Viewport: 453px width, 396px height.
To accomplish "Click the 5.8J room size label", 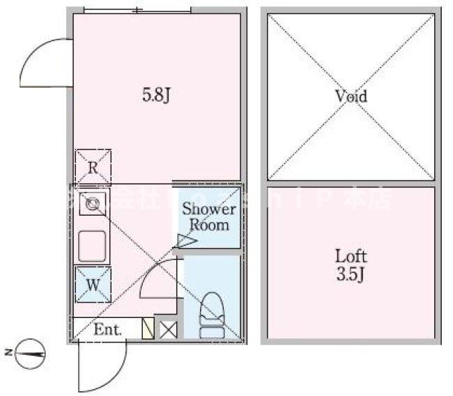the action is click(x=157, y=96).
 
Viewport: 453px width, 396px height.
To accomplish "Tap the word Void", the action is click(x=350, y=97).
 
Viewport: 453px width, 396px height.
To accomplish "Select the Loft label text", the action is click(x=351, y=256).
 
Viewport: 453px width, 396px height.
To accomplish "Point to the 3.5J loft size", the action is click(x=351, y=274).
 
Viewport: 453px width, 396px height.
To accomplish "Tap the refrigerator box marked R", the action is click(x=92, y=166).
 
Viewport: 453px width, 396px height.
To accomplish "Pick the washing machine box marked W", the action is click(x=92, y=284).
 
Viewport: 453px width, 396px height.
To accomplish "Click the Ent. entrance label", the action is click(x=107, y=329).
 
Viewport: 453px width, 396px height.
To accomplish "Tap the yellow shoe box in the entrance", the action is click(x=148, y=328).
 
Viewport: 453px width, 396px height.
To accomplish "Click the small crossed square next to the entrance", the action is click(x=168, y=328).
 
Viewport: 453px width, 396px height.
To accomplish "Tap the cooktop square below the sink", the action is click(x=92, y=245).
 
